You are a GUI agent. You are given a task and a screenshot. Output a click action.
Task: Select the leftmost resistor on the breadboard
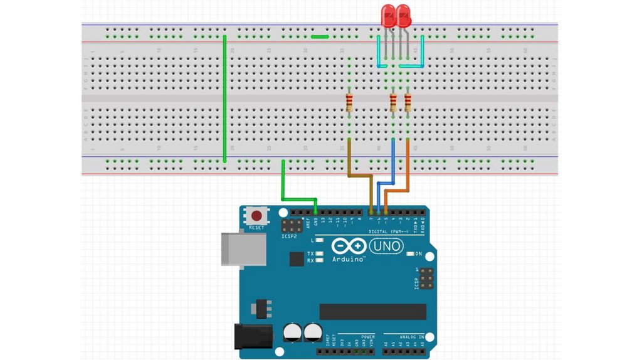point(349,103)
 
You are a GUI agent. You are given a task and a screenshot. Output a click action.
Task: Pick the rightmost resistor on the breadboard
point(408,103)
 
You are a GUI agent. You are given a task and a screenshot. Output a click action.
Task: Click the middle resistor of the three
point(393,103)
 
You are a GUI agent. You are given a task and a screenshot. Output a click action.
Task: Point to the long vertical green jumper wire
point(224,100)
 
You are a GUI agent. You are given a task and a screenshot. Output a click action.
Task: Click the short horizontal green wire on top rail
point(320,36)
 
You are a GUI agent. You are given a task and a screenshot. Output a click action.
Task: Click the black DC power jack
point(253,336)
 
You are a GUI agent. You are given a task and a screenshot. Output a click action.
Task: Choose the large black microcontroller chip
point(372,312)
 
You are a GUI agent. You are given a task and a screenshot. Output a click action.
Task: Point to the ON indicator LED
point(411,254)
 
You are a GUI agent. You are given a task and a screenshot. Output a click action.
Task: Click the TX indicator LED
point(320,254)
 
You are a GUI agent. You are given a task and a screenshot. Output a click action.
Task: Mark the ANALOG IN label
point(410,337)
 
